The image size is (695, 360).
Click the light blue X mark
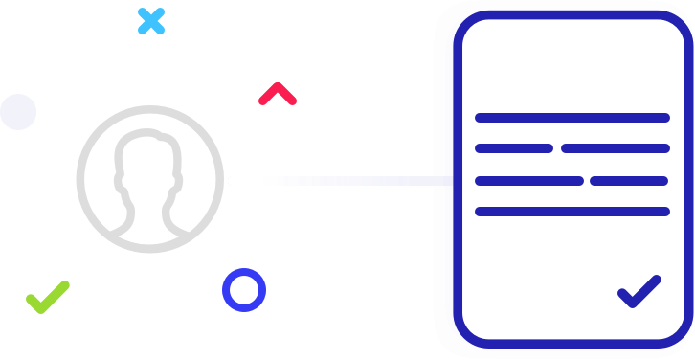[151, 20]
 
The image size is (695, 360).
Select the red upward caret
[278, 94]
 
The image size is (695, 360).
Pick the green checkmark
[47, 297]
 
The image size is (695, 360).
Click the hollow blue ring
[243, 289]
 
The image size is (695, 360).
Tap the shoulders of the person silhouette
[149, 226]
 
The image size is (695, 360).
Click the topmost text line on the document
[572, 118]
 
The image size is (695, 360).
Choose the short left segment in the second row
[514, 148]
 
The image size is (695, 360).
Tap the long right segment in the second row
[615, 148]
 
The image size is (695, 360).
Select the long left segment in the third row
[528, 180]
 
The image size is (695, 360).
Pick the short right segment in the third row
[629, 180]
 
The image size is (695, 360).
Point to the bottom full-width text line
[572, 212]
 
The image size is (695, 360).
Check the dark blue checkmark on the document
[639, 291]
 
